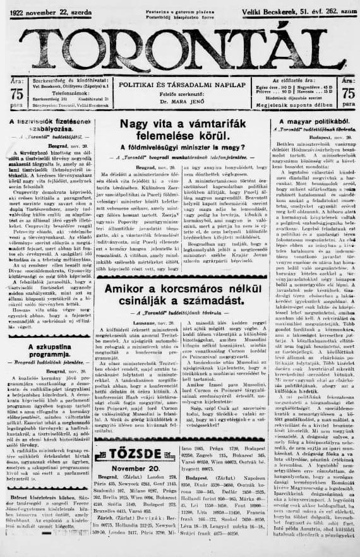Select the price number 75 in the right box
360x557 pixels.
pyautogui.click(x=347, y=91)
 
